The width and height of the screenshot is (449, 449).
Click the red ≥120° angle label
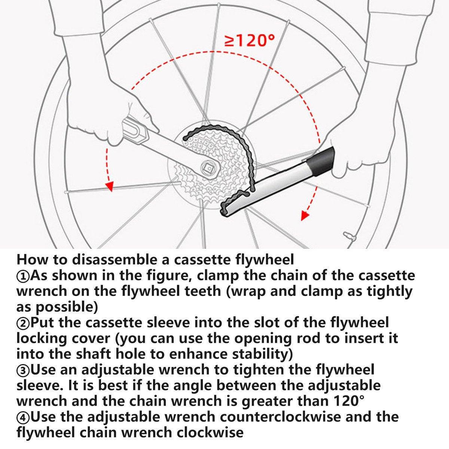click(249, 40)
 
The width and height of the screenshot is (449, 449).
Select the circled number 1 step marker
click(23, 276)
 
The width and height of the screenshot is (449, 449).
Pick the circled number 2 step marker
click(23, 322)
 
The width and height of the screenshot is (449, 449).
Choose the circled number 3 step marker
click(23, 370)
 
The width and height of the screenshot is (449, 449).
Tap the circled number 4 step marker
click(23, 416)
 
